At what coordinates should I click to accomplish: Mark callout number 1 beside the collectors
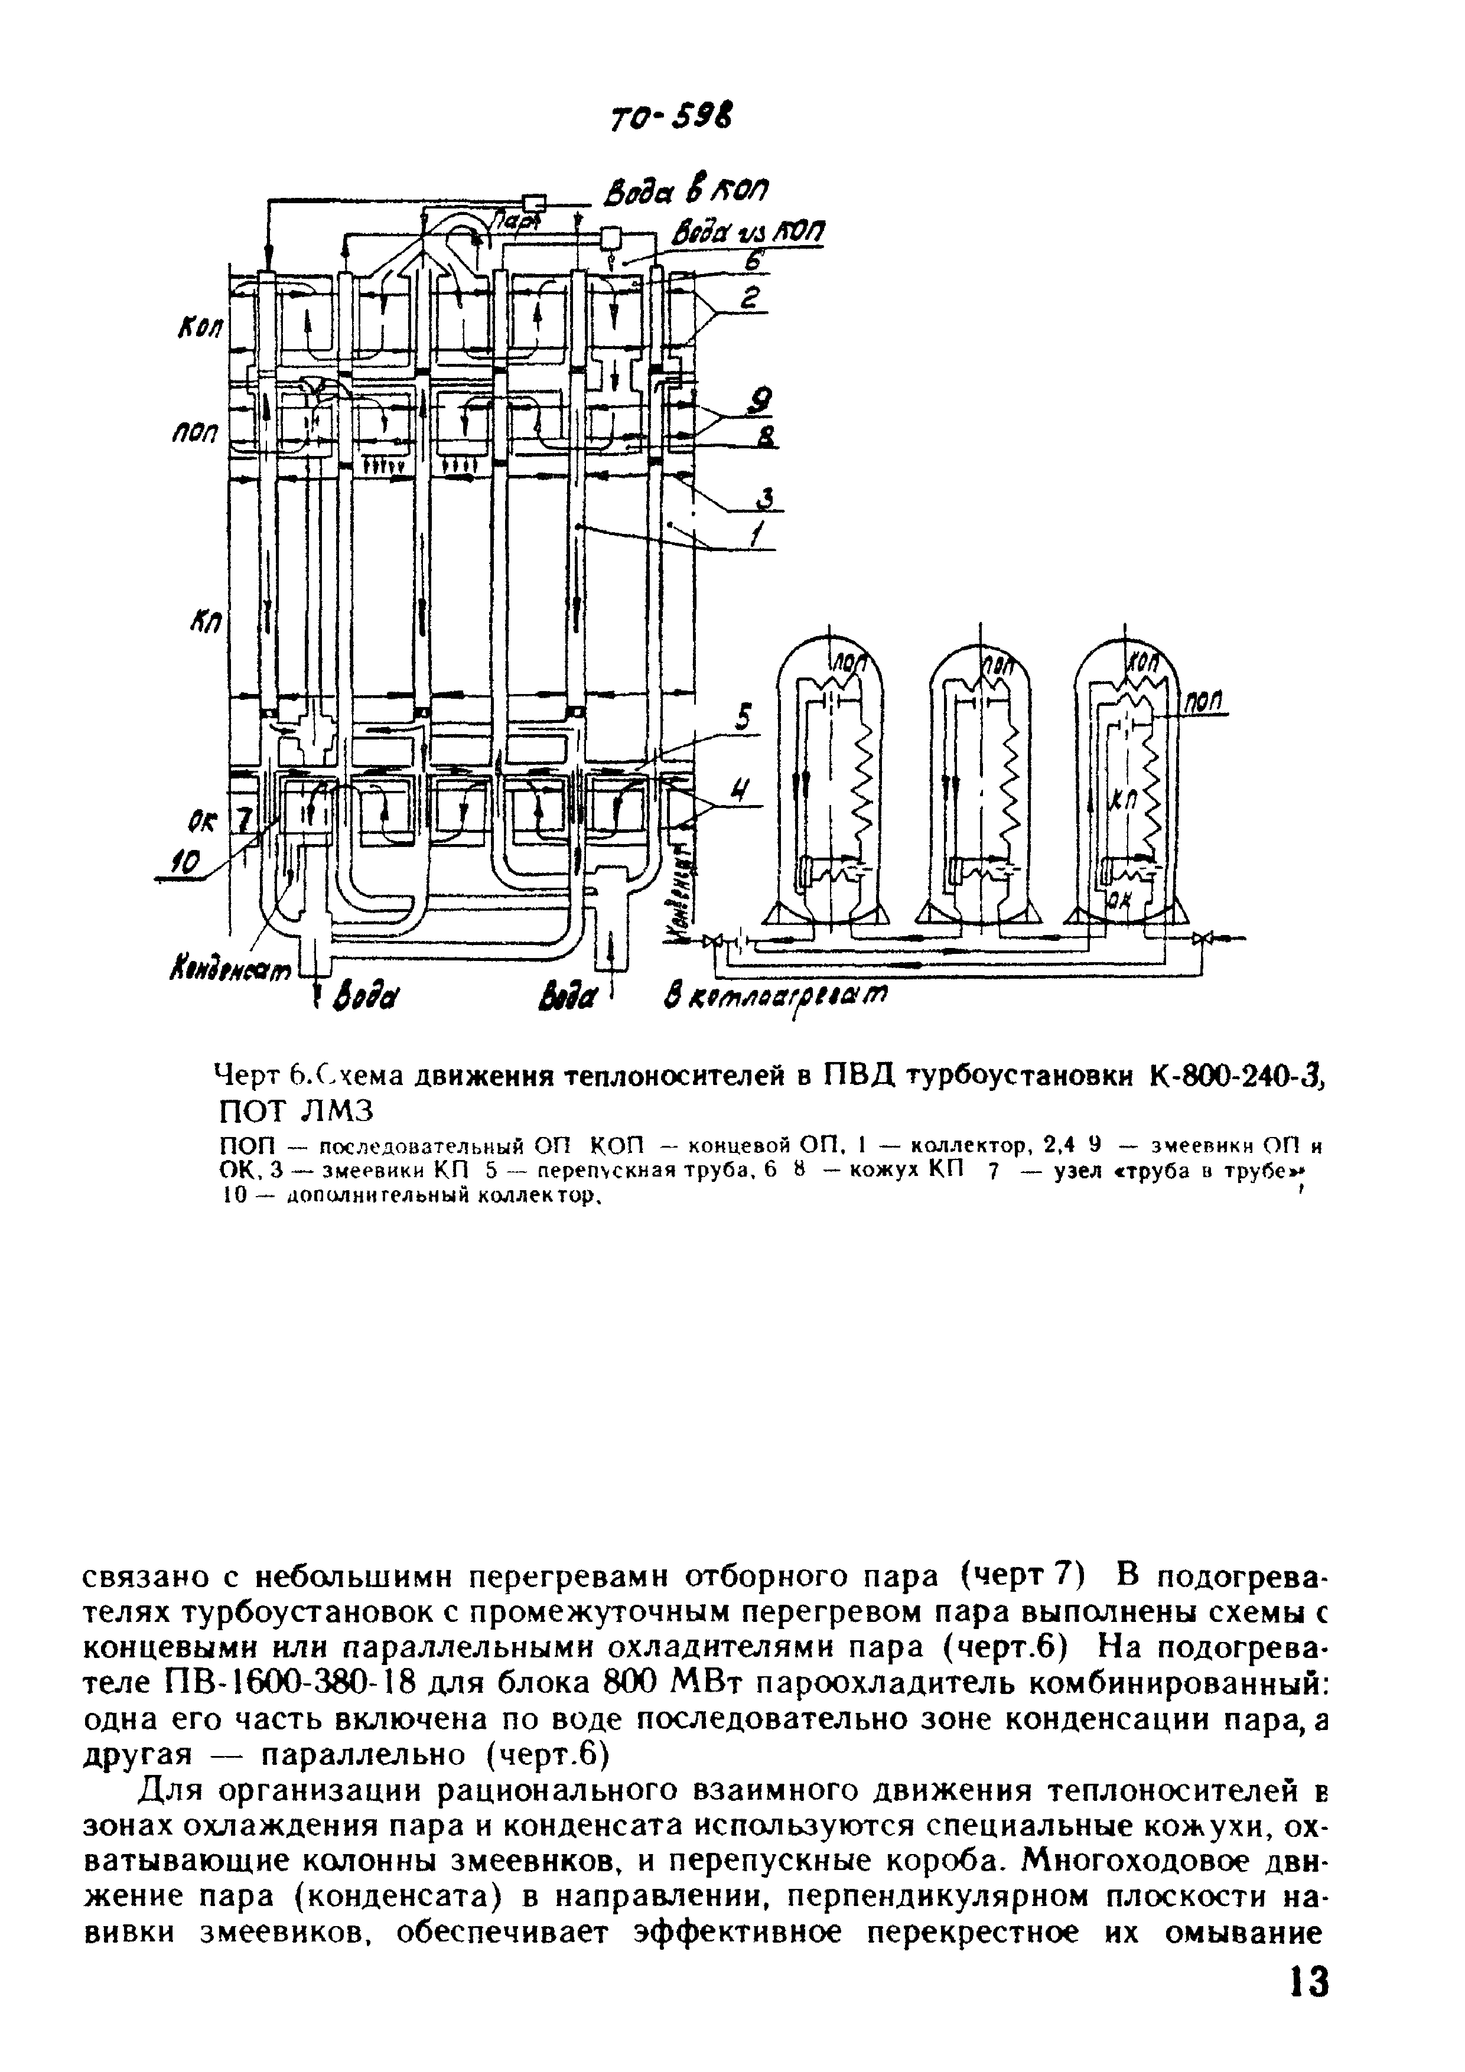756,535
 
